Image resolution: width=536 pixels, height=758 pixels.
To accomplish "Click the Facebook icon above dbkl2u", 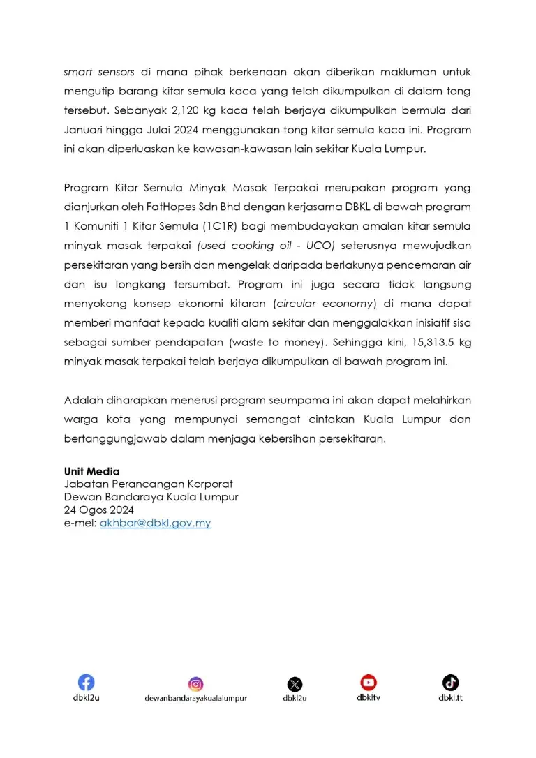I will [x=86, y=682].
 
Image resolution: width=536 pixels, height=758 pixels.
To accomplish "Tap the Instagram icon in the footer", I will [x=195, y=684].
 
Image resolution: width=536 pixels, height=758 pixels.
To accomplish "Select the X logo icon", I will [x=295, y=684].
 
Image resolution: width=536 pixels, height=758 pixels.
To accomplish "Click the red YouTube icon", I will [x=368, y=682].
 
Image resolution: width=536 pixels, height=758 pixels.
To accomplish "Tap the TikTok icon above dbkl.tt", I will [x=450, y=682].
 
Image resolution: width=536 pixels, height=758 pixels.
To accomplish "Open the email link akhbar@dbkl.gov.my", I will [x=155, y=523].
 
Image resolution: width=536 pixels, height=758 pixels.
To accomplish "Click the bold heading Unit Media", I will [x=91, y=471].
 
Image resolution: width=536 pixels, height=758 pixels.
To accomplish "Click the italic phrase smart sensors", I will [x=99, y=72].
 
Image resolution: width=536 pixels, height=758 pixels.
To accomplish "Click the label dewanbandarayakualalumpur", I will [x=195, y=698].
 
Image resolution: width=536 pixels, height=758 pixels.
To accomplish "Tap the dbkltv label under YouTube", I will [x=368, y=697].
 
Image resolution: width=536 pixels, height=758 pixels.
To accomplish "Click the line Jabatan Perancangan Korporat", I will [x=148, y=484].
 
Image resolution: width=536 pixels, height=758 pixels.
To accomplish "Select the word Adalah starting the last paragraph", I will [x=82, y=400].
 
